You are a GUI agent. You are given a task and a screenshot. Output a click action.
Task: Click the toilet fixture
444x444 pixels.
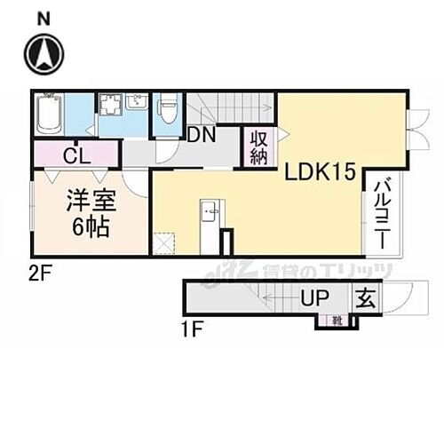167,111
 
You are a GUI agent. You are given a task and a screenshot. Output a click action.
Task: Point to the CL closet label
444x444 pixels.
75,157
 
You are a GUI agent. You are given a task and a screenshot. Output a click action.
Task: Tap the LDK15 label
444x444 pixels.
313,174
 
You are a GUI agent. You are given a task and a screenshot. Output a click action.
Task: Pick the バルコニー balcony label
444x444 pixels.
380,214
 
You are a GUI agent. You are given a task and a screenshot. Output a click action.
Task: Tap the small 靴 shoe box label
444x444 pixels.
337,320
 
